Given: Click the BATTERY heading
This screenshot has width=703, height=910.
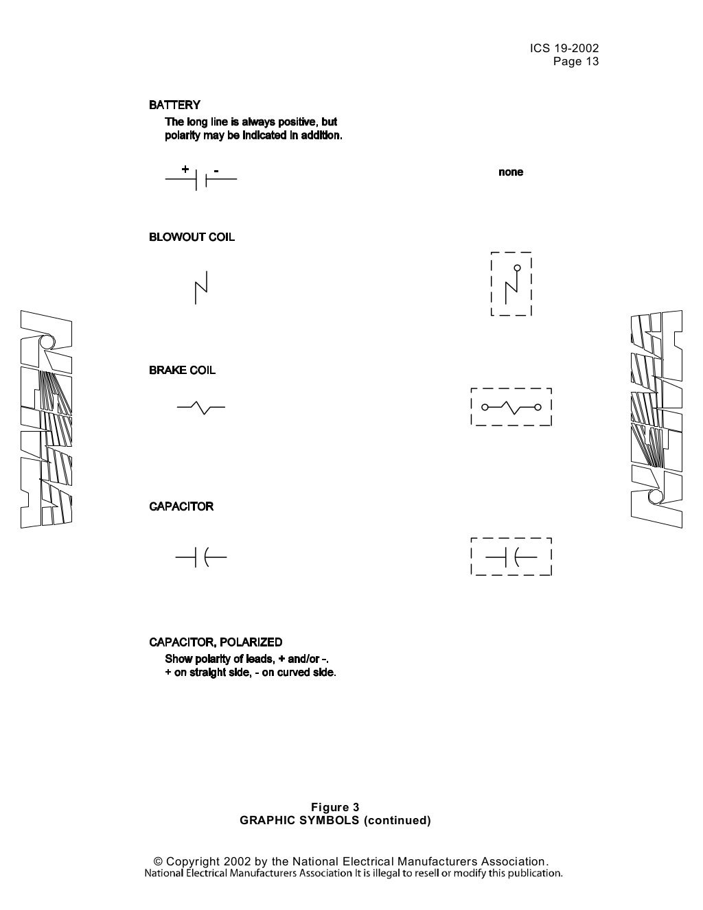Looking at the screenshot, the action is point(174,105).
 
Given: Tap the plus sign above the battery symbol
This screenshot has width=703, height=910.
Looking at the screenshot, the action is point(185,169).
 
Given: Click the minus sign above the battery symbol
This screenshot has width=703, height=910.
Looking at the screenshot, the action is point(216,170).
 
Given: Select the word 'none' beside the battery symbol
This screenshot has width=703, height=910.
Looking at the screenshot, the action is point(511,172).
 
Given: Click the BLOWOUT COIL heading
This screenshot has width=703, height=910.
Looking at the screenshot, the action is point(192,237).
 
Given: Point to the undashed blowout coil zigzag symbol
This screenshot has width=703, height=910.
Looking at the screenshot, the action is point(201,288).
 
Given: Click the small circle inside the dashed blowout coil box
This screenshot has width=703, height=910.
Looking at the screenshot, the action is point(518,268).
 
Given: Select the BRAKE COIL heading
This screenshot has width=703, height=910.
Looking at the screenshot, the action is point(182,371).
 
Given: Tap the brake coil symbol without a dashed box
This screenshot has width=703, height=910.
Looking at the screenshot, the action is point(201,408).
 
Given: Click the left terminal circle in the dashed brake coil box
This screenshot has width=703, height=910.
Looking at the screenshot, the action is point(485,408).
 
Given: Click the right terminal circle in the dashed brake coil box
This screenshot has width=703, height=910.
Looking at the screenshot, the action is point(538,408).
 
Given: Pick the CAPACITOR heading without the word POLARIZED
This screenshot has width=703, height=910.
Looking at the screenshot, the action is point(181,506).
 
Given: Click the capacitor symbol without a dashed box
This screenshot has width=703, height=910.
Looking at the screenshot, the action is point(201,557).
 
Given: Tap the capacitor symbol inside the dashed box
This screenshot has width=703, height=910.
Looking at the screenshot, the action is point(511,557).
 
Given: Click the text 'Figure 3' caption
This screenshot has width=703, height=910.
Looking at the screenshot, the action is point(335,807).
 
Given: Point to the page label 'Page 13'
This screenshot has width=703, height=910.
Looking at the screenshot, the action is point(576,62).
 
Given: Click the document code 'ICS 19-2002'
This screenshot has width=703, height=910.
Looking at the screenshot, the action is point(564,48).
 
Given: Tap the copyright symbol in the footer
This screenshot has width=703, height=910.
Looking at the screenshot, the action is point(158,861).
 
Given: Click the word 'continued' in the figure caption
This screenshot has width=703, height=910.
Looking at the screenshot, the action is point(397,820).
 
